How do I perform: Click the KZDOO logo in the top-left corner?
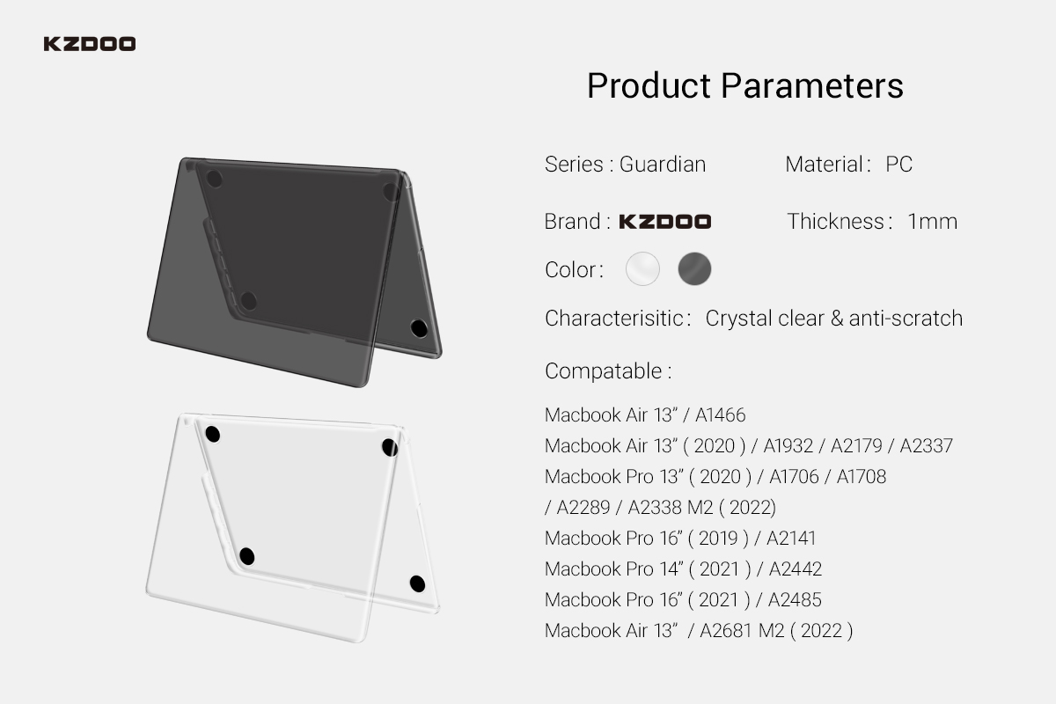tap(90, 44)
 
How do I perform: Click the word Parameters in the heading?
tap(811, 86)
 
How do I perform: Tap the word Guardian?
tap(663, 164)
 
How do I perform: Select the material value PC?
tap(899, 164)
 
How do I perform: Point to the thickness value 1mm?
tap(933, 221)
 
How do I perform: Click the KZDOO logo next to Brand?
tap(664, 221)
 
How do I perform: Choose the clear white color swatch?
tap(642, 268)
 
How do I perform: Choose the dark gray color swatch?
tap(694, 268)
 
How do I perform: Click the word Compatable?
tap(604, 371)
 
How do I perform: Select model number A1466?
tap(721, 415)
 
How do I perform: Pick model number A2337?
tap(926, 445)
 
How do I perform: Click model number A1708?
tap(862, 477)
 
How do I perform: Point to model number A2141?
tap(790, 538)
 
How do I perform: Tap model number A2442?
tap(796, 569)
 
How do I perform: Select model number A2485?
tap(795, 600)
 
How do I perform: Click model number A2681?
tap(726, 630)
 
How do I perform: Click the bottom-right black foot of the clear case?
tap(417, 583)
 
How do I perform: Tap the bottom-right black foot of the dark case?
tap(419, 328)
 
